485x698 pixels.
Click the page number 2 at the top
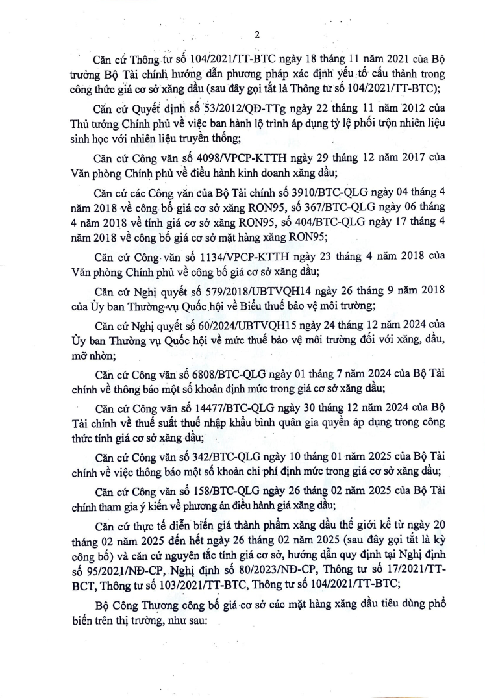pos(257,34)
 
